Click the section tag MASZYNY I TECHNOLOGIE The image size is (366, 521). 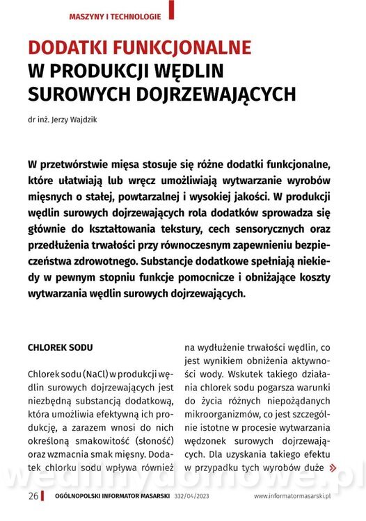point(115,16)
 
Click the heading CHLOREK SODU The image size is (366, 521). point(61,346)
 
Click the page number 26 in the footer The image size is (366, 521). point(33,496)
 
